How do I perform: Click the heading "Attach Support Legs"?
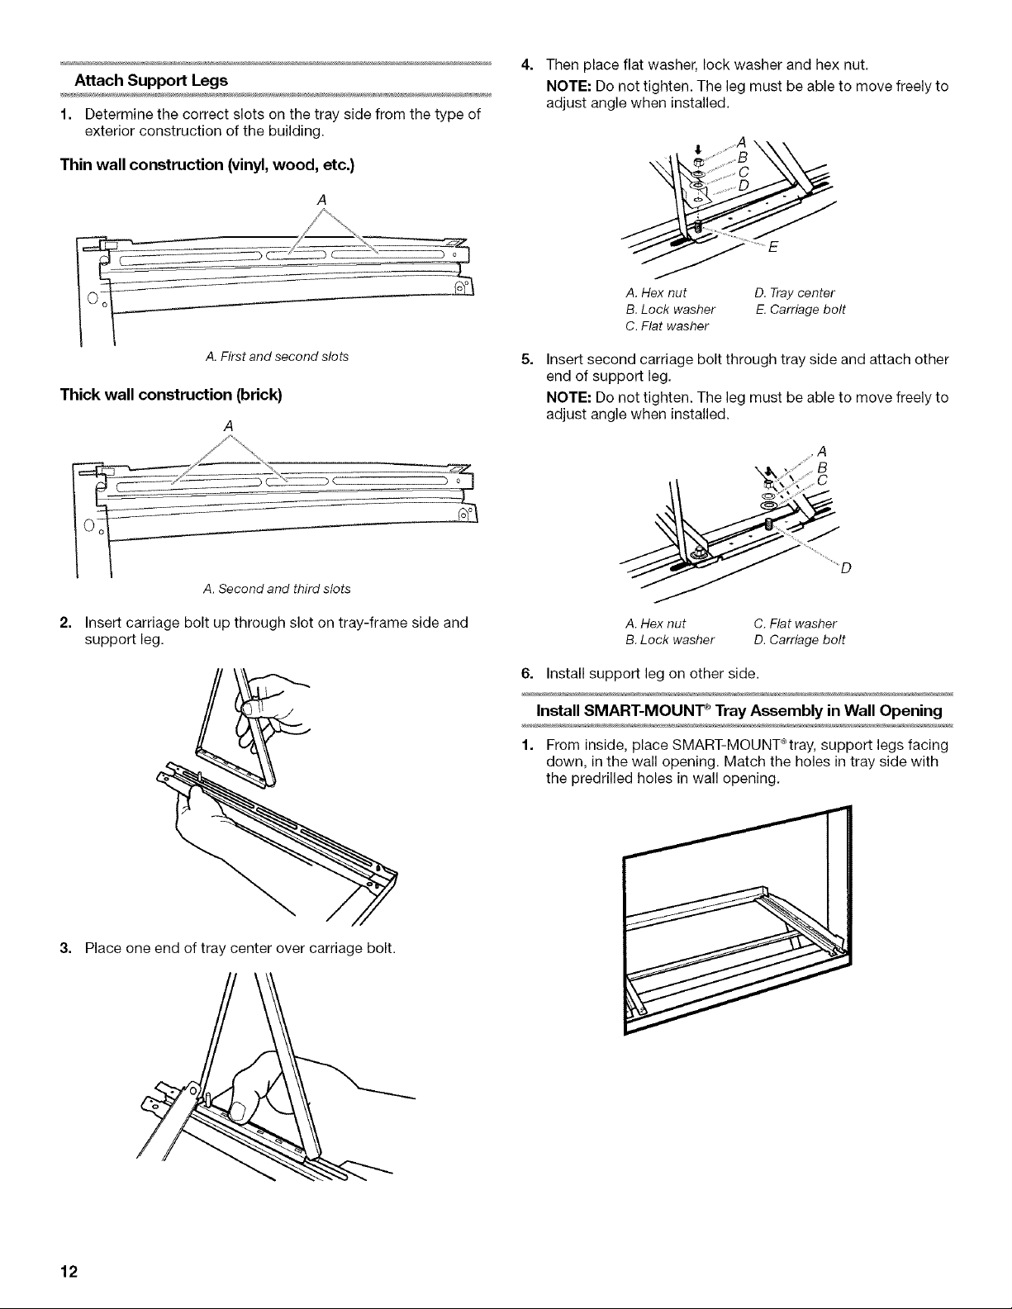152,82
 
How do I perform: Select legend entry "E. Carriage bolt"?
799,311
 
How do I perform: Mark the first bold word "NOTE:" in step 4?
569,87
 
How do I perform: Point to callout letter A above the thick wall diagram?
226,425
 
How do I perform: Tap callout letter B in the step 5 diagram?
821,467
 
